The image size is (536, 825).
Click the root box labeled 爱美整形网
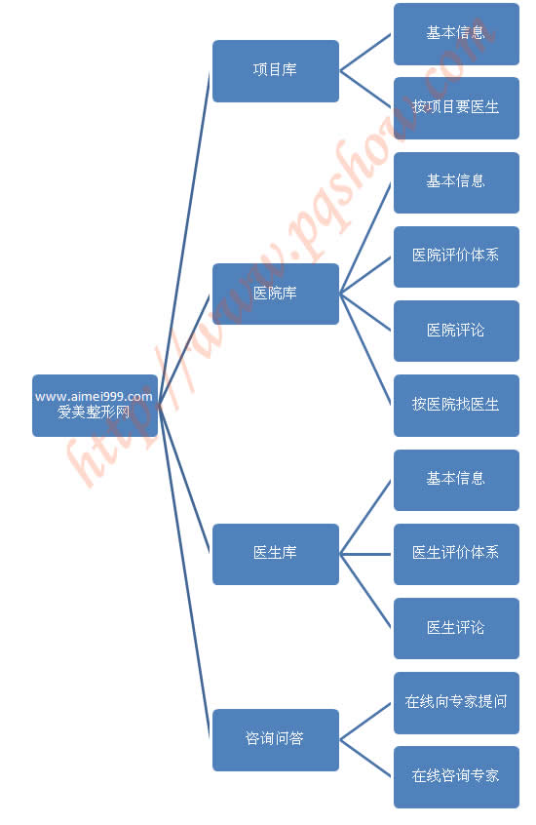pyautogui.click(x=95, y=406)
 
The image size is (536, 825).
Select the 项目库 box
pyautogui.click(x=276, y=71)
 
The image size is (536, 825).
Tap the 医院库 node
pyautogui.click(x=276, y=295)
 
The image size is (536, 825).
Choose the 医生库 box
pyautogui.click(x=276, y=554)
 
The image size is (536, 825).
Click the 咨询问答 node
pyautogui.click(x=276, y=740)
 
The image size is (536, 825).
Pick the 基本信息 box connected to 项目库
pyautogui.click(x=456, y=34)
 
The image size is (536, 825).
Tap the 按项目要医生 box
pyautogui.click(x=456, y=108)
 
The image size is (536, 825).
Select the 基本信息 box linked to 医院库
pyautogui.click(x=456, y=182)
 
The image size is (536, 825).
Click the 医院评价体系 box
pyautogui.click(x=456, y=256)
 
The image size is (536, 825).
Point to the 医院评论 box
pyautogui.click(x=456, y=331)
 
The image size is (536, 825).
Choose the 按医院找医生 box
pyautogui.click(x=456, y=406)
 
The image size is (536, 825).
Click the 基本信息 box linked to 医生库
pyautogui.click(x=456, y=480)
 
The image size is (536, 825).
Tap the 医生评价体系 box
pyautogui.click(x=456, y=554)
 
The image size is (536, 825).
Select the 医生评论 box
pyautogui.click(x=456, y=628)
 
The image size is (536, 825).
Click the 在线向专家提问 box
pyautogui.click(x=456, y=703)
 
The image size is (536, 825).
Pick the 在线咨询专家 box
pyautogui.click(x=456, y=777)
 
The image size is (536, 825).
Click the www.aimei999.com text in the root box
pyautogui.click(x=94, y=397)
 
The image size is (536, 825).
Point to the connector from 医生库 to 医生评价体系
pyautogui.click(x=366, y=554)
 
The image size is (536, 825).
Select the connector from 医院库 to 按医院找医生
pyautogui.click(x=366, y=349)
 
